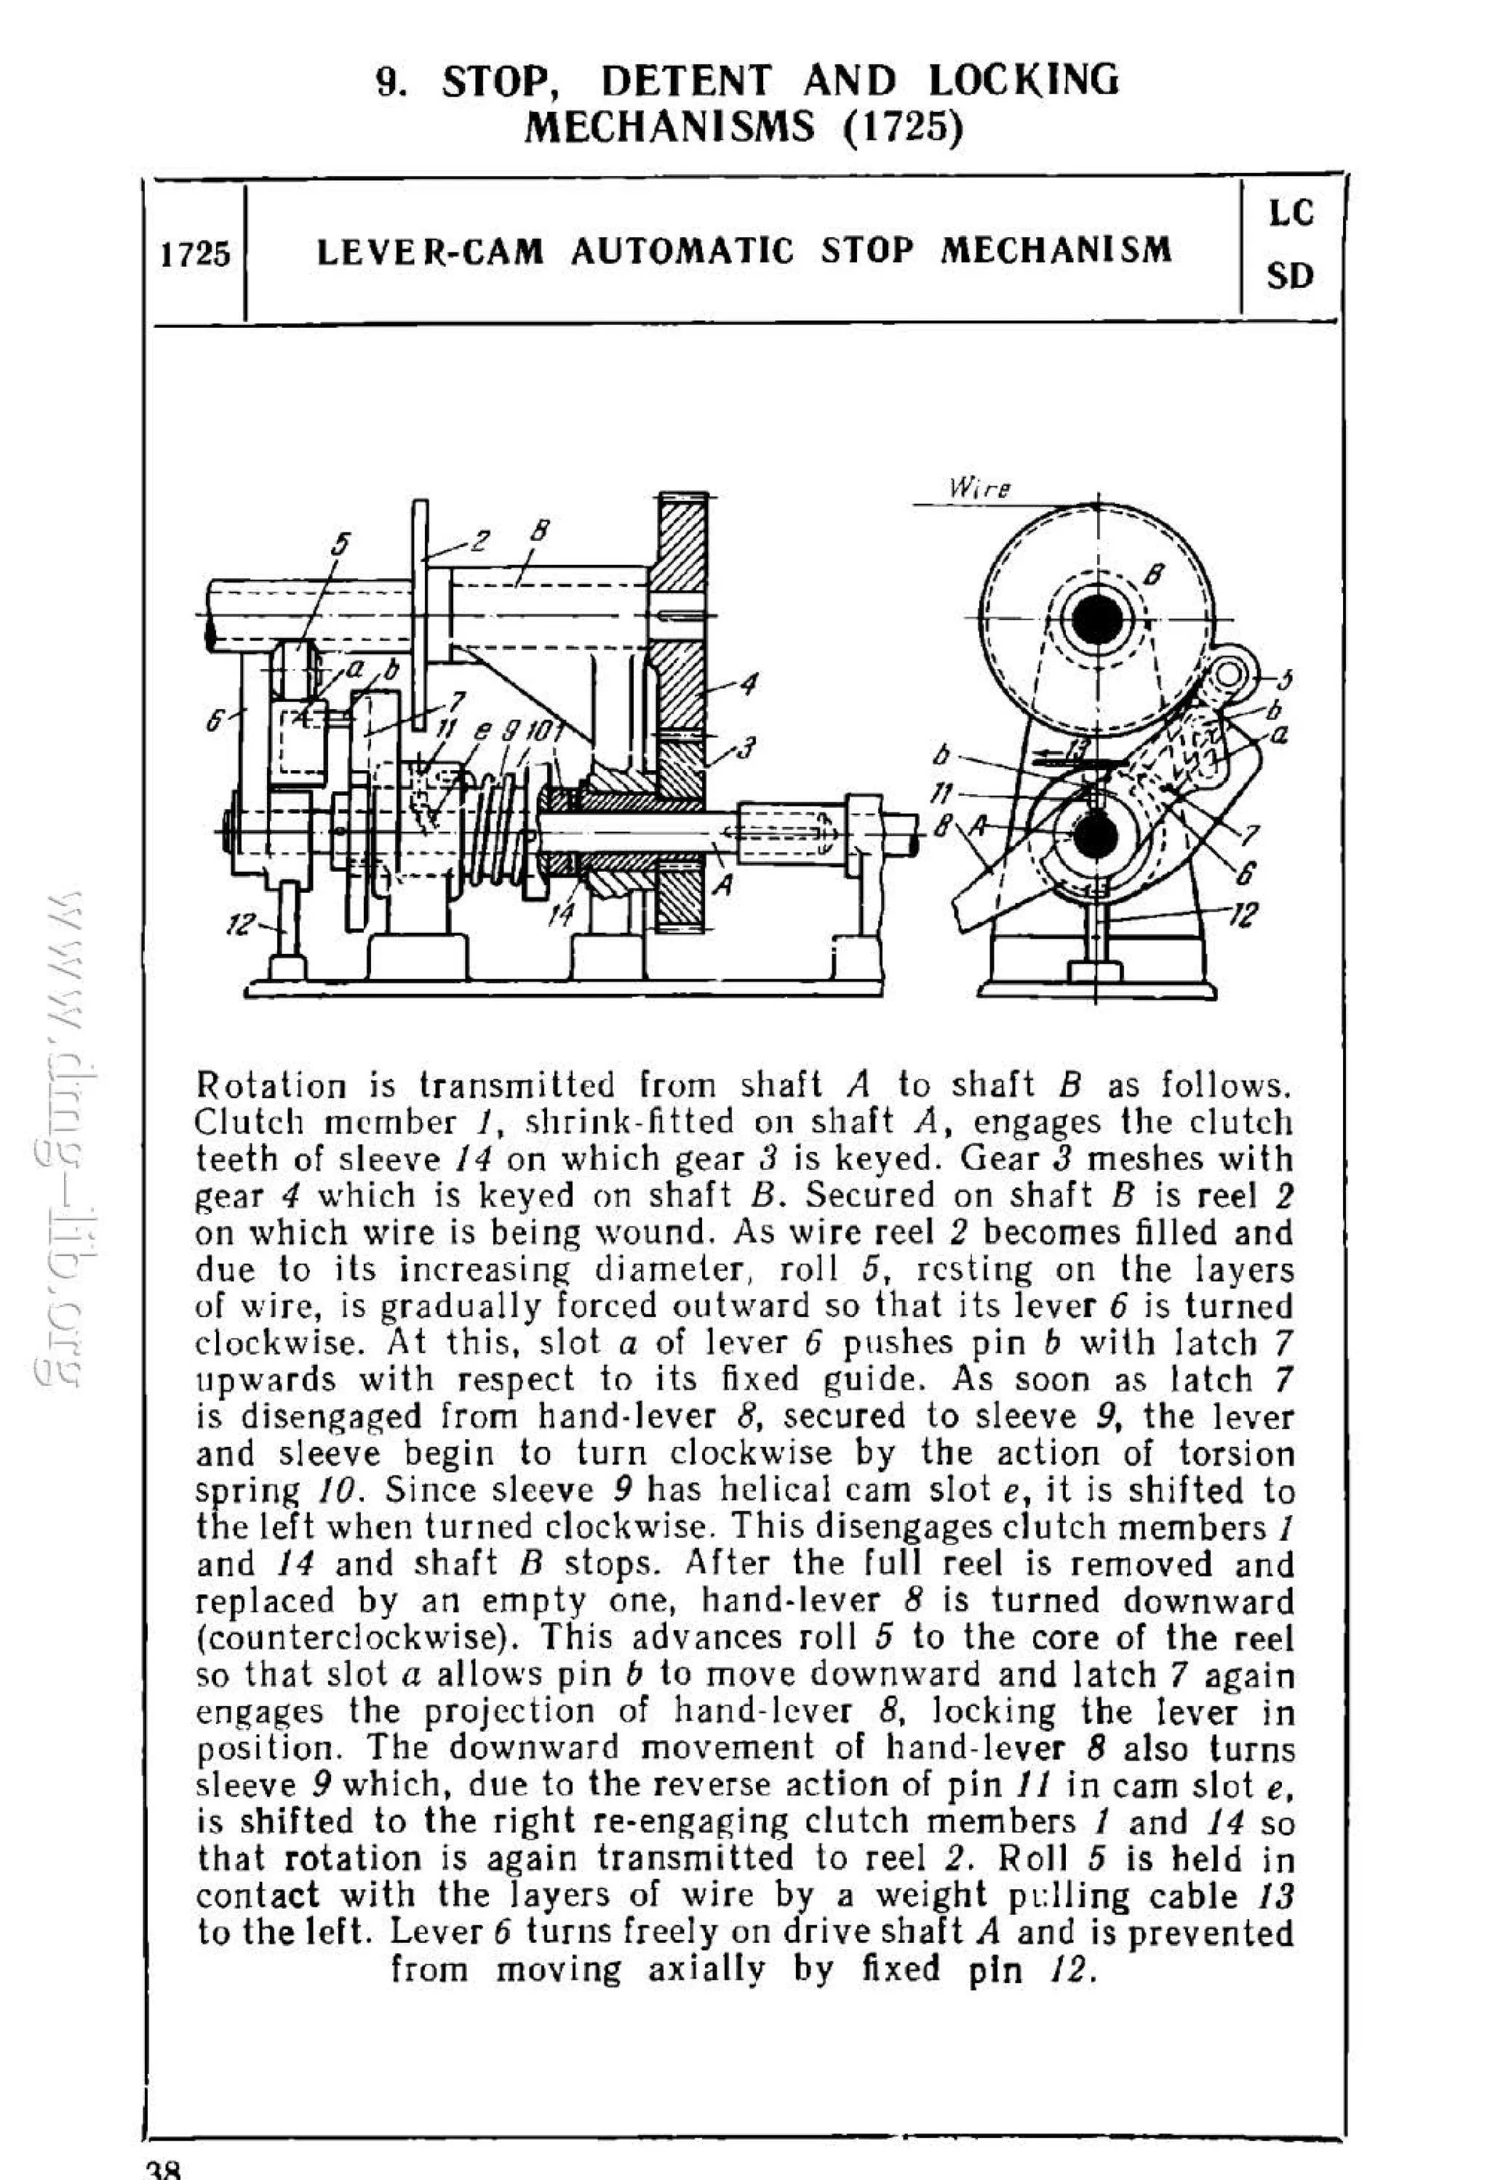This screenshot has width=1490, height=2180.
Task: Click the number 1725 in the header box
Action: [x=194, y=255]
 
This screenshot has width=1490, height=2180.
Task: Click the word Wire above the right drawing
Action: [x=979, y=489]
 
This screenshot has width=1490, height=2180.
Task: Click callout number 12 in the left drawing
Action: [x=242, y=925]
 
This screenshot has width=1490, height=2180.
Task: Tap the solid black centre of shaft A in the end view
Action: [x=1094, y=837]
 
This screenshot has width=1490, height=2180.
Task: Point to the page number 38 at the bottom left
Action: [x=163, y=2169]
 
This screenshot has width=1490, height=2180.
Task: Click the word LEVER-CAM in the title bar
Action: [x=430, y=252]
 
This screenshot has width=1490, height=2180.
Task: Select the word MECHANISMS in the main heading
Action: [x=669, y=126]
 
